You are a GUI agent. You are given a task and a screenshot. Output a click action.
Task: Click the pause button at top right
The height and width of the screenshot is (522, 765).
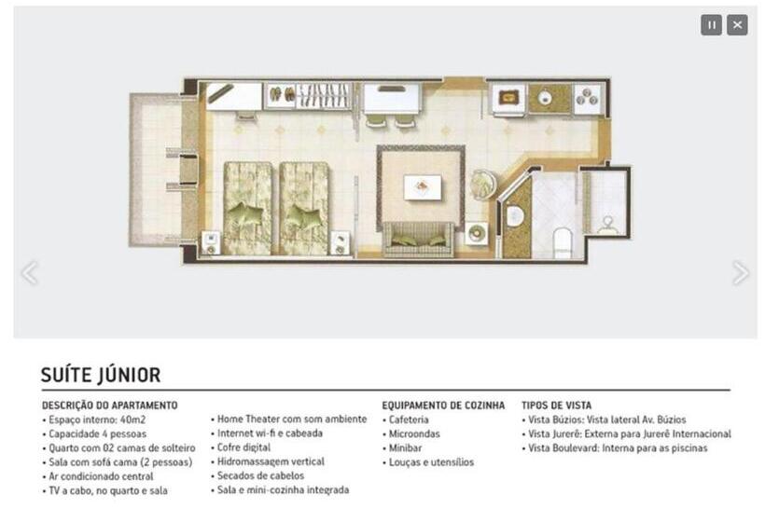tap(711, 25)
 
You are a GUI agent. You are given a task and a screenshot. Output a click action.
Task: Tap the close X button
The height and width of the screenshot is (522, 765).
tap(737, 25)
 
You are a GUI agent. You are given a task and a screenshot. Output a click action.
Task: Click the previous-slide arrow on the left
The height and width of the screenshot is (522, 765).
tap(30, 273)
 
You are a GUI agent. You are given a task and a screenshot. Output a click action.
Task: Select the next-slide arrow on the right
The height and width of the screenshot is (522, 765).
tap(740, 273)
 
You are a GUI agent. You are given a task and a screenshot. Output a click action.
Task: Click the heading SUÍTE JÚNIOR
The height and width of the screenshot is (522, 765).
tap(101, 375)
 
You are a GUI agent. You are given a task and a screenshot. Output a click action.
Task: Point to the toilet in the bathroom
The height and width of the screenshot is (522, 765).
tap(563, 241)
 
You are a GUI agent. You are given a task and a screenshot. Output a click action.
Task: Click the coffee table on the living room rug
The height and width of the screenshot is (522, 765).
tap(423, 187)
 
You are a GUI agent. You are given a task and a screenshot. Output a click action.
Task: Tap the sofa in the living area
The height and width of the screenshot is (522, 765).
tap(419, 240)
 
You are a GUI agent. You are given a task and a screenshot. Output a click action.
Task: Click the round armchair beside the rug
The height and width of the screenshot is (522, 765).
tap(483, 184)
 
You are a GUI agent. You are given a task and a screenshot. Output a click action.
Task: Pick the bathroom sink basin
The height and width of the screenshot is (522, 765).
tap(515, 217)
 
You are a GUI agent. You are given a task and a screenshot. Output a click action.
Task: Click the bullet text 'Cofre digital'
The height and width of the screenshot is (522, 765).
tap(243, 447)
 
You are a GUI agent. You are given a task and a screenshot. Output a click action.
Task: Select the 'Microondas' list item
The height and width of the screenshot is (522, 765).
tap(414, 433)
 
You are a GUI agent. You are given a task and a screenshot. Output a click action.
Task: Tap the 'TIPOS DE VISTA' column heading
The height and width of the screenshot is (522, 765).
tap(556, 405)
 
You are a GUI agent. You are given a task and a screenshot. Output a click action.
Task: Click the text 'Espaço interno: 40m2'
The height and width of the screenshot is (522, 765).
tap(97, 419)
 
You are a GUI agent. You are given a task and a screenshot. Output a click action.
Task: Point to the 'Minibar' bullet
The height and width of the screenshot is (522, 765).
tap(405, 448)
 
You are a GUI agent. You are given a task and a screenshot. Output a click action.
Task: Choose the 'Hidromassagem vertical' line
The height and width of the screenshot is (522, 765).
tap(271, 461)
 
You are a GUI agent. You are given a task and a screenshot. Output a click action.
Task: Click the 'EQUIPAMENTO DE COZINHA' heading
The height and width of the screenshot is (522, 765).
tap(443, 405)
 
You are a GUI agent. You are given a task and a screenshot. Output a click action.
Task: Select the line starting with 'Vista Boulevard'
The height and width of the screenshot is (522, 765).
tap(618, 448)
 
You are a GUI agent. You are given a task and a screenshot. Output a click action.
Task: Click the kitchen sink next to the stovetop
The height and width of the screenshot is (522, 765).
tap(549, 98)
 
